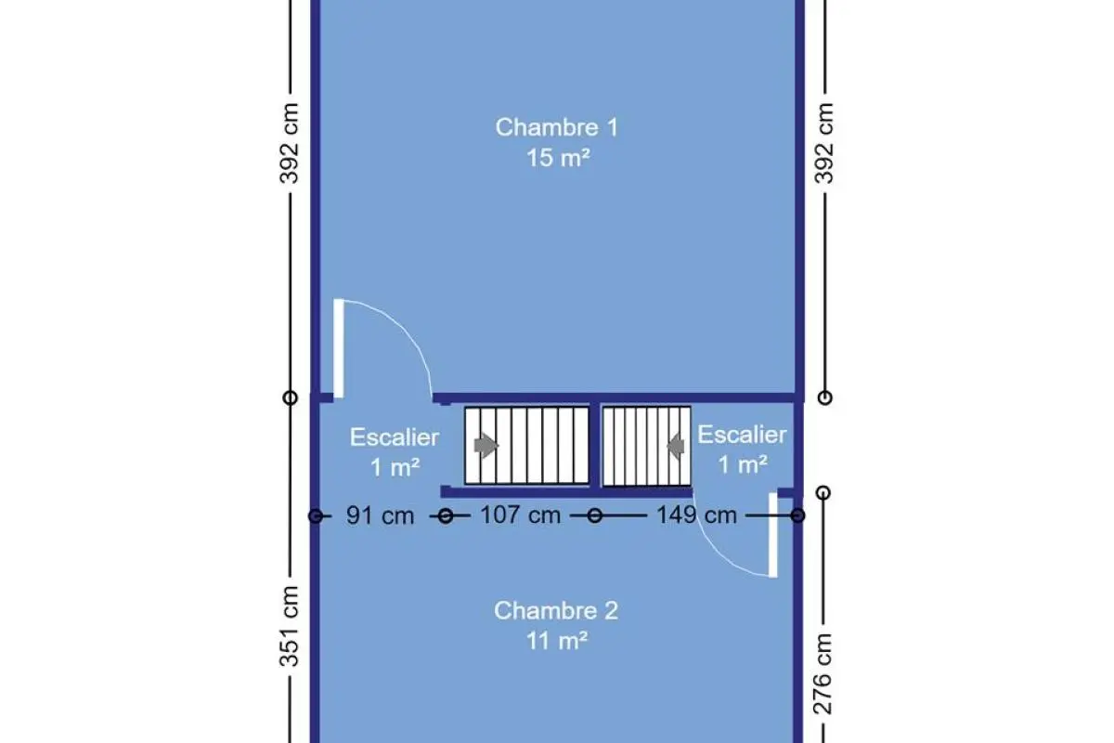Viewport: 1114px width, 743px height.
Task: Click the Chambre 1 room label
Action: [556, 127]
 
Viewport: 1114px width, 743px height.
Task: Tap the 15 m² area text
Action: [558, 158]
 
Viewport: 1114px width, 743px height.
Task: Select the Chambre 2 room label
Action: [556, 610]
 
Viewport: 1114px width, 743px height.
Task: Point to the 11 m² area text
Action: [557, 641]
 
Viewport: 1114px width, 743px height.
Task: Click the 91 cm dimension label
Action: [380, 515]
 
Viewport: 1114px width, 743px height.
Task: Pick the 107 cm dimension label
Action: [520, 515]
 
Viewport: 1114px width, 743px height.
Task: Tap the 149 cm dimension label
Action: [697, 515]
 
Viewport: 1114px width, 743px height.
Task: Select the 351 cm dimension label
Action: [289, 626]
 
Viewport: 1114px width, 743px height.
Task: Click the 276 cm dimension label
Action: [823, 674]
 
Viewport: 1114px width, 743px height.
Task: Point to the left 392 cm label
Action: [289, 143]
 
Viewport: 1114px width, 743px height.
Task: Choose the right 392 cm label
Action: [823, 143]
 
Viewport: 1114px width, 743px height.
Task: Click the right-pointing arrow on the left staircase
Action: [486, 445]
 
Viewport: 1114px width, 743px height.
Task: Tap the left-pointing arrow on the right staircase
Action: [676, 446]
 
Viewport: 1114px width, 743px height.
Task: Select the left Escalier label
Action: [395, 437]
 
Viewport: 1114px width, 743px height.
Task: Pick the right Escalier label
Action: [742, 435]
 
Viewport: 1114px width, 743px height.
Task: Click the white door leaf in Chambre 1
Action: [339, 348]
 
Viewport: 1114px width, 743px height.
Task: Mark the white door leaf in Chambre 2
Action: [773, 535]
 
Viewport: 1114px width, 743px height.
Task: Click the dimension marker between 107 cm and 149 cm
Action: [595, 515]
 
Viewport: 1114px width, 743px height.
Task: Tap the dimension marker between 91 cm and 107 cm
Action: [446, 516]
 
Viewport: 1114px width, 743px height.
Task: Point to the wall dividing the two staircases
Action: [595, 445]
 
